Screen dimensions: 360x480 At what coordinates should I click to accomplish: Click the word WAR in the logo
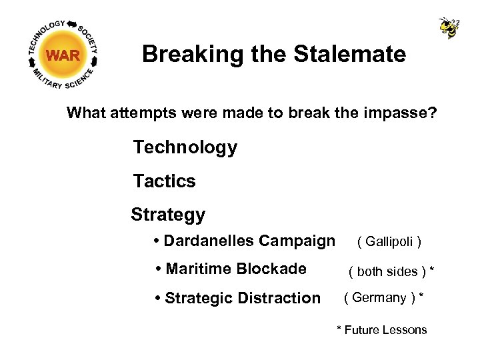(63, 56)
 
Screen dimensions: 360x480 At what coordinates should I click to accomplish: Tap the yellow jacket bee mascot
(449, 27)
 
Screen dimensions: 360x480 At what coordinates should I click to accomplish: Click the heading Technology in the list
(185, 147)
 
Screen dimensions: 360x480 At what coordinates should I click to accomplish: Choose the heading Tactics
(164, 181)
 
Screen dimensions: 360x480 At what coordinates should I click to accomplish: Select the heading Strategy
(168, 215)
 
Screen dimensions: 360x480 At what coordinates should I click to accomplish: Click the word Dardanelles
(208, 241)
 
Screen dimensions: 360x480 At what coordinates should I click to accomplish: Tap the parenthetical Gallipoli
(389, 241)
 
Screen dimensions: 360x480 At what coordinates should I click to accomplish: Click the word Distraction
(281, 298)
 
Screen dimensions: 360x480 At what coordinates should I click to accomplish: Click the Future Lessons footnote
(382, 329)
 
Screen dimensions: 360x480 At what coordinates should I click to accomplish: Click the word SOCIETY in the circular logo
(88, 37)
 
